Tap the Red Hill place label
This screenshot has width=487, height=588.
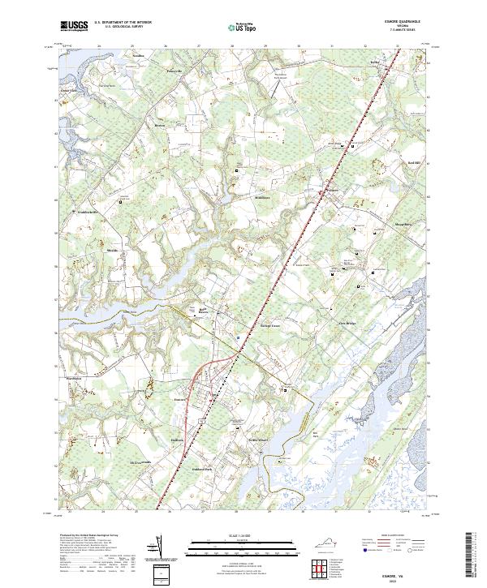pos(413,163)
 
